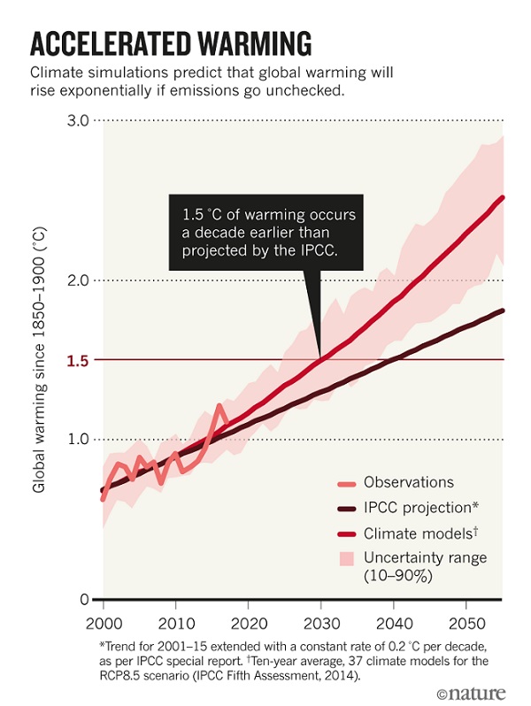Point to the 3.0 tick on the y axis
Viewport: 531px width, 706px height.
(x=78, y=120)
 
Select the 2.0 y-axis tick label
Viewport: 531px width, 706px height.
(x=78, y=280)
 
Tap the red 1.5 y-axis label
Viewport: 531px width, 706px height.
(x=78, y=360)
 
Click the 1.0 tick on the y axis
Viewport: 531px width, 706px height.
(x=78, y=440)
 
